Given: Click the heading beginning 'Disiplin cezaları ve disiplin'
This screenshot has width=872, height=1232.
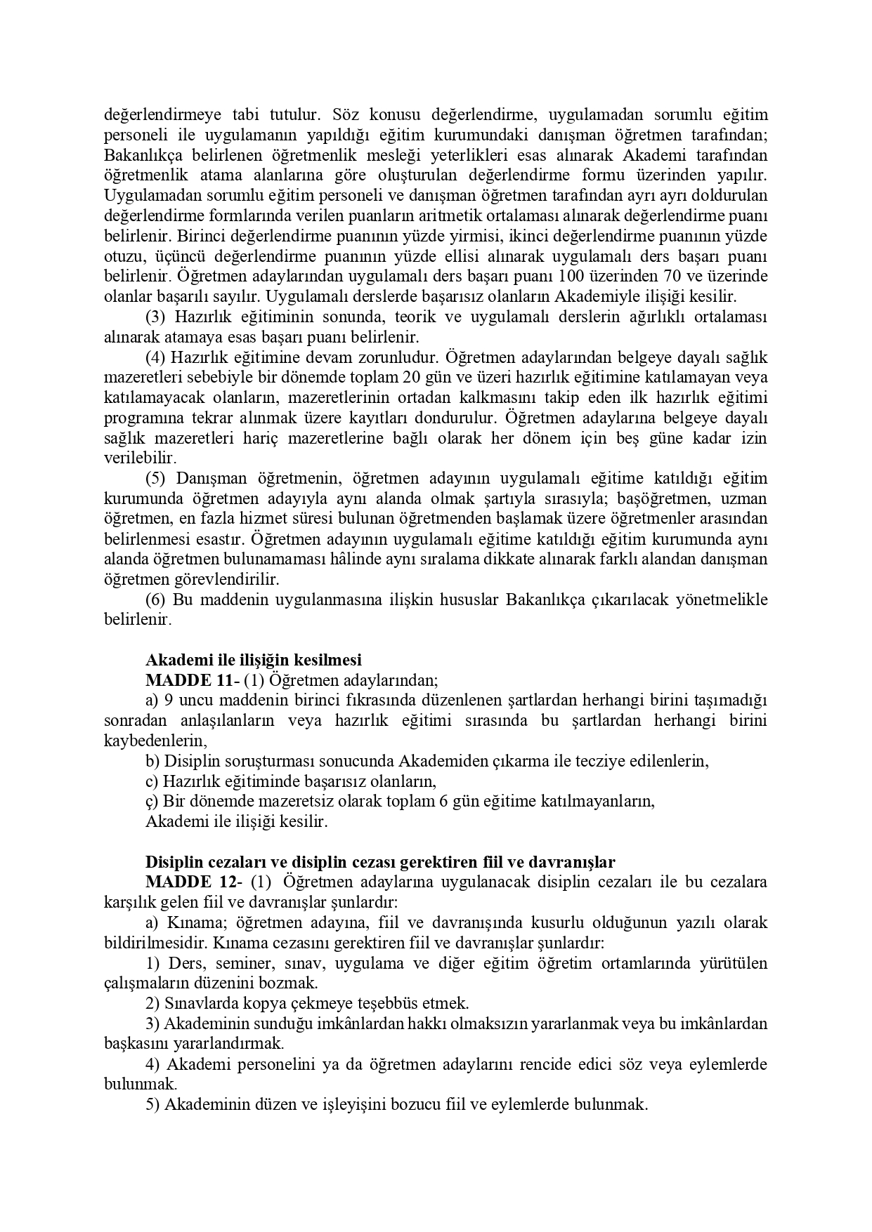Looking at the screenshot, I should click(x=380, y=862).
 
